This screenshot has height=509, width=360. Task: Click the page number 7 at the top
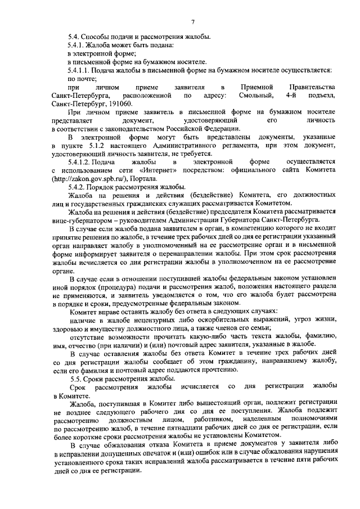click(x=192, y=22)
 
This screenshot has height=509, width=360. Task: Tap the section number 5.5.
click(x=74, y=378)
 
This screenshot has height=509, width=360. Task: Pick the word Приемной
click(x=257, y=87)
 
